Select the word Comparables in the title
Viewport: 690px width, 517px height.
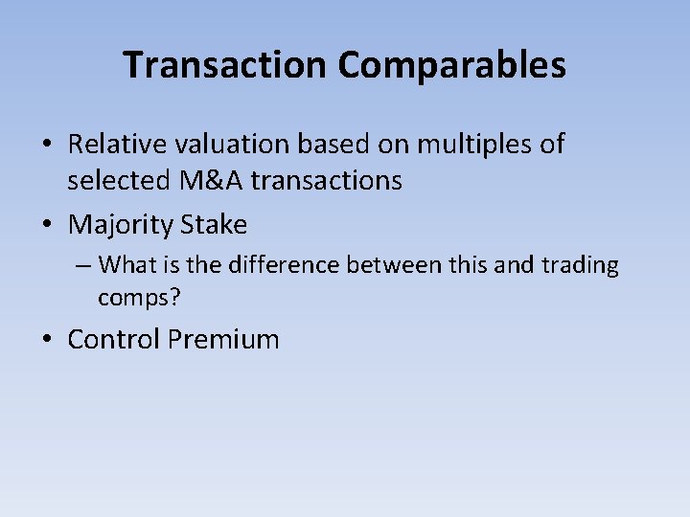coord(451,65)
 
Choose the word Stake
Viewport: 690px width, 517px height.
coord(213,225)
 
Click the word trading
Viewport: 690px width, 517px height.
coord(579,264)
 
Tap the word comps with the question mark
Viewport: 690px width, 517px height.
coord(138,298)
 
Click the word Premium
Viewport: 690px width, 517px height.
coord(222,339)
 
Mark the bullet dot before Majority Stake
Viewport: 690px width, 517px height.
coord(47,226)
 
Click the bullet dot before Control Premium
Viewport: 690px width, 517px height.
coord(47,340)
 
